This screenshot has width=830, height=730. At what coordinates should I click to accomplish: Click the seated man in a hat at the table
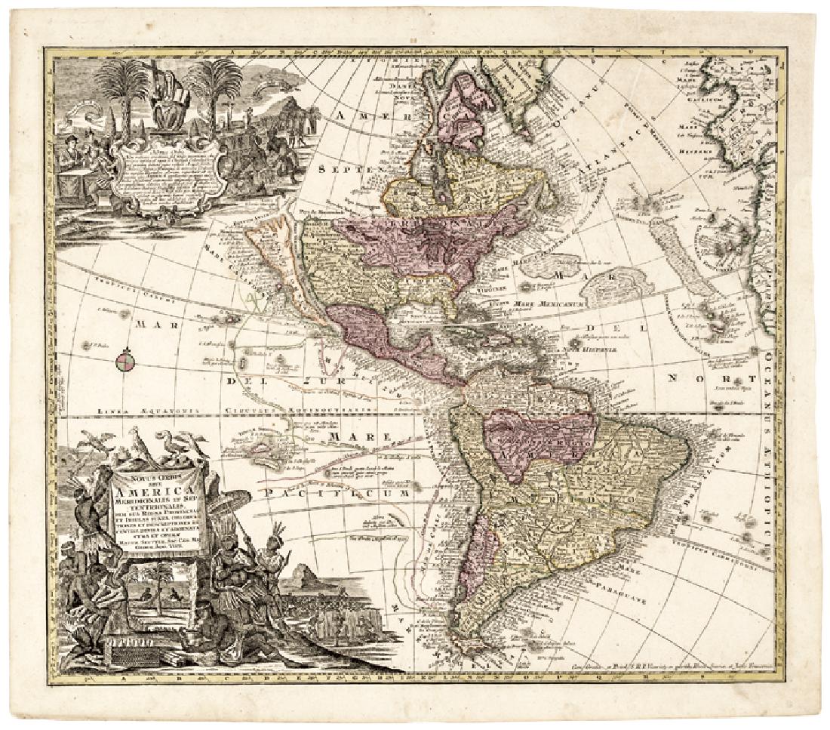[x=74, y=150]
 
